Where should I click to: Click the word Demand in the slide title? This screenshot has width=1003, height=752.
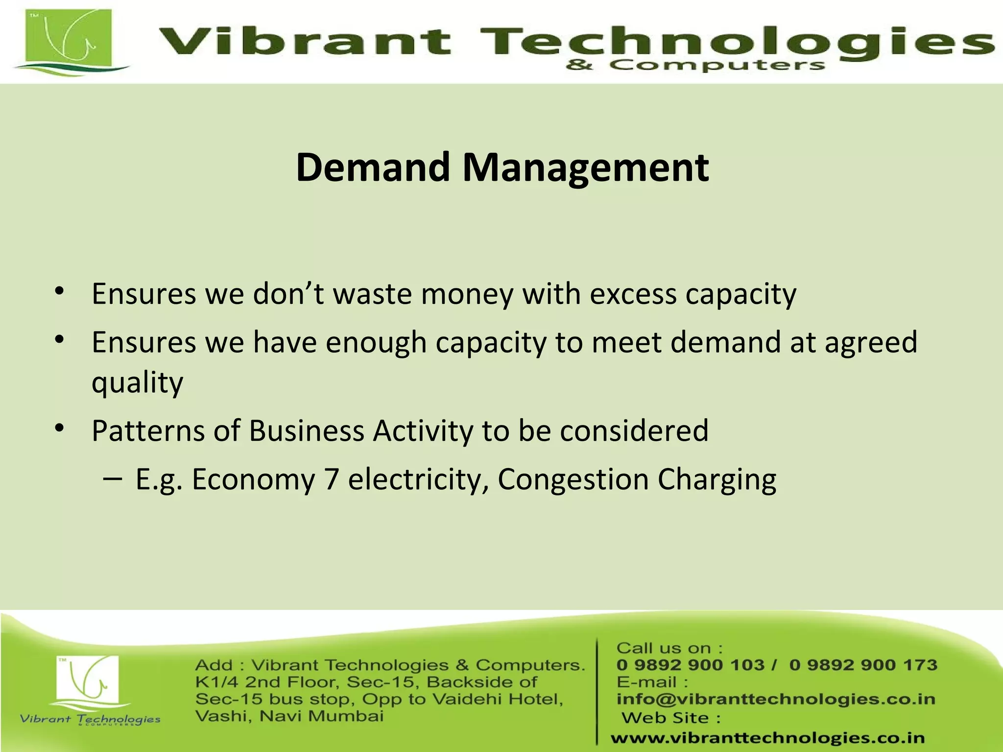[373, 167]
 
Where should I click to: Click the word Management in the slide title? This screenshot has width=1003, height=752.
[585, 168]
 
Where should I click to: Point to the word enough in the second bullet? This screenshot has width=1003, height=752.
[376, 343]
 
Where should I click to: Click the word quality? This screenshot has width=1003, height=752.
[137, 383]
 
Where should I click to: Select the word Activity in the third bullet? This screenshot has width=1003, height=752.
[423, 431]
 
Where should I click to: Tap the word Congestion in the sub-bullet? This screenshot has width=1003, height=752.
[573, 480]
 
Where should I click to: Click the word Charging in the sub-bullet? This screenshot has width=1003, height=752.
[716, 480]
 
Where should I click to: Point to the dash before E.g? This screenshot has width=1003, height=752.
[113, 478]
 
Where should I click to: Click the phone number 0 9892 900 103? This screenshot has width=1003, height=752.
[691, 665]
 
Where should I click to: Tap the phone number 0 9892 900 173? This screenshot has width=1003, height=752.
[863, 665]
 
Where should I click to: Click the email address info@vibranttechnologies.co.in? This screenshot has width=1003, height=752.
[776, 699]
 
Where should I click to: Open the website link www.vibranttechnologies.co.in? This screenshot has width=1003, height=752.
[767, 737]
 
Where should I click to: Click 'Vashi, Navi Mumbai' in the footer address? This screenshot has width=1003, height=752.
[289, 716]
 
